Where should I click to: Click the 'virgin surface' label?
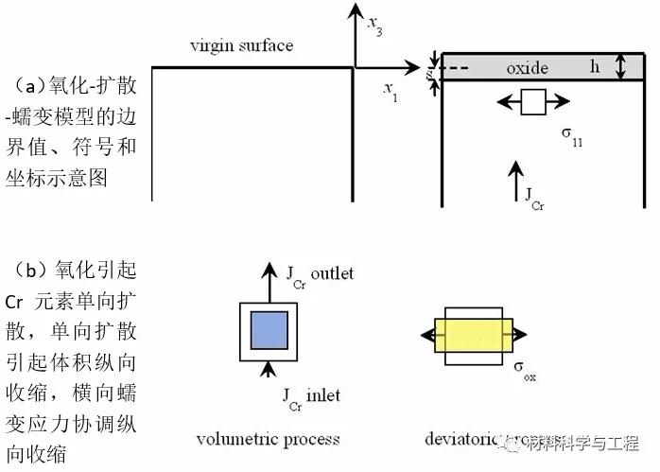coord(241,44)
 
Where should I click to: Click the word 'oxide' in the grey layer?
coord(527,68)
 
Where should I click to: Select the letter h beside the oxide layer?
coord(595,67)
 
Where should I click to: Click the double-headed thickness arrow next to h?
coord(620,66)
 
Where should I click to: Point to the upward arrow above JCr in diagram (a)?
coord(515,179)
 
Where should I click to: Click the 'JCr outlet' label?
coord(319,273)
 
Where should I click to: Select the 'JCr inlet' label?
coord(311,394)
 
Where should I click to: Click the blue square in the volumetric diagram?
coord(269,332)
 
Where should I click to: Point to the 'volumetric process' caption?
coord(268,438)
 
